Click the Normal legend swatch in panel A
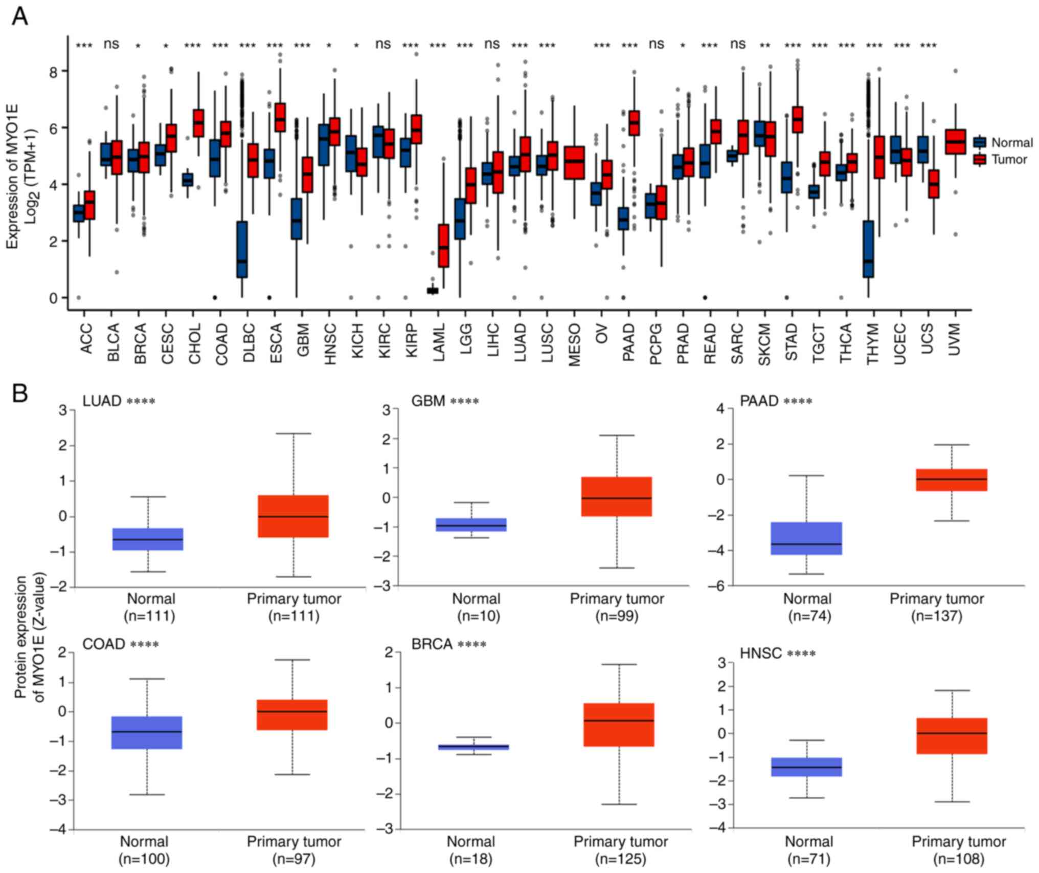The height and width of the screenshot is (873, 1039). tap(980, 142)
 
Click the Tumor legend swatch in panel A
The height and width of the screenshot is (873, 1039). tap(980, 160)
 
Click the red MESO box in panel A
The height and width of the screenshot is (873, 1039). tap(574, 162)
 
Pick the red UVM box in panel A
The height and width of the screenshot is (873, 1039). tap(955, 142)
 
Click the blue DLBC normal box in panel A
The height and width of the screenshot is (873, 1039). tap(241, 249)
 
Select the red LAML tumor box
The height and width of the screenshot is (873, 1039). tap(443, 246)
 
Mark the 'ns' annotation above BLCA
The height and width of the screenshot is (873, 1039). tap(111, 45)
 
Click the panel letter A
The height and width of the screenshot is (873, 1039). tap(19, 16)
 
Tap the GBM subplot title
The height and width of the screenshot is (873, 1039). tap(428, 401)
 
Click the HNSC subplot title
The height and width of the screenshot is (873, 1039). tap(761, 653)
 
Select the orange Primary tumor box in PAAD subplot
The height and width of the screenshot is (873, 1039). tap(952, 480)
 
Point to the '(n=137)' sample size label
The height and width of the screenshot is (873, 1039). tap(937, 616)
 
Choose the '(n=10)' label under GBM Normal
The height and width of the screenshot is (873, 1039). tap(476, 616)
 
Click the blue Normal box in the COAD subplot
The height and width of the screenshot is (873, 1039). tap(147, 732)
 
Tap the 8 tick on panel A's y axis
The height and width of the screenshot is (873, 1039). tap(53, 71)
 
